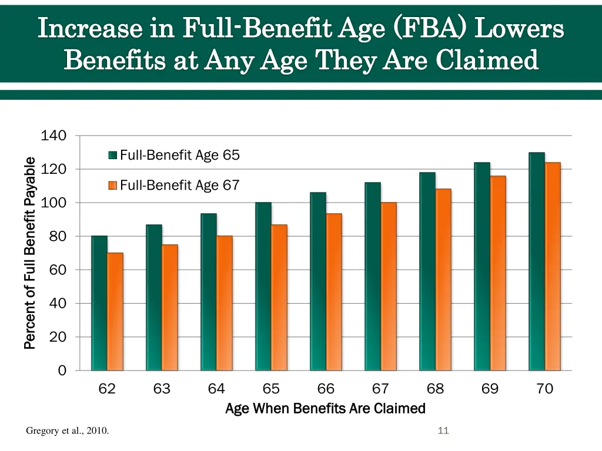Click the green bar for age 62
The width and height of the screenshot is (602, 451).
tap(99, 303)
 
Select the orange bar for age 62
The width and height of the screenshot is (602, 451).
tap(115, 312)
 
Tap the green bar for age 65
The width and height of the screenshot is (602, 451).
tap(263, 287)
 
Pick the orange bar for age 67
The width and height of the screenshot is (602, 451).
tap(389, 287)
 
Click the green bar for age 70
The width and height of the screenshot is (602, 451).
tap(537, 261)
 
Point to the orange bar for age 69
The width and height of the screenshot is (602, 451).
tap(497, 273)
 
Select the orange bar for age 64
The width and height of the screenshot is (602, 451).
tap(225, 303)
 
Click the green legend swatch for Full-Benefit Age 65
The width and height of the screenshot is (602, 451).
tap(112, 156)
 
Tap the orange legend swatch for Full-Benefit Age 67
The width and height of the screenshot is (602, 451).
tap(112, 186)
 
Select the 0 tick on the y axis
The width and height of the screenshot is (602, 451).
tap(62, 371)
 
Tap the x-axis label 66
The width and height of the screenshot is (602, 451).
tap(326, 389)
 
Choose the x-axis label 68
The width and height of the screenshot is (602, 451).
tap(435, 389)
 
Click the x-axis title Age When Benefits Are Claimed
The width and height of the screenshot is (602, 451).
tap(325, 408)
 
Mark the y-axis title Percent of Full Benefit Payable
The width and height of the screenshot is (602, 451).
tap(30, 253)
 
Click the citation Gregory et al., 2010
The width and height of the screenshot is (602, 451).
tap(67, 431)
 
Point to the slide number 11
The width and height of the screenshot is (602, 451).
tap(443, 431)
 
